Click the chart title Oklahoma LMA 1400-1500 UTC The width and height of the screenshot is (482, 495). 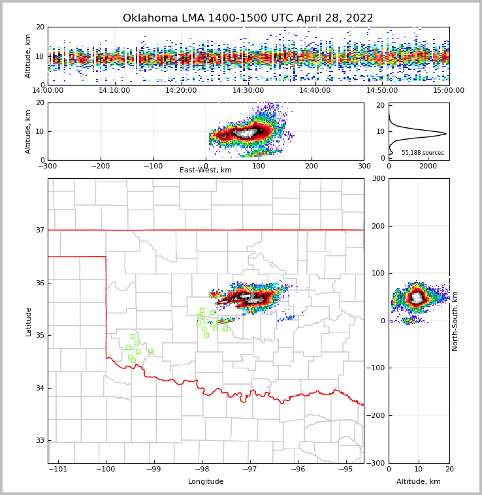[x=248, y=18]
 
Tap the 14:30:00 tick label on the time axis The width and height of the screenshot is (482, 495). [x=248, y=91]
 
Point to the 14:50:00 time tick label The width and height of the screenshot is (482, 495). [x=382, y=91]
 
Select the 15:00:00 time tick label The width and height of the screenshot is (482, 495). [x=449, y=91]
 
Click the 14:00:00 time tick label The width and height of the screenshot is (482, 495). [x=48, y=91]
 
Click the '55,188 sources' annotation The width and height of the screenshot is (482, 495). [x=423, y=153]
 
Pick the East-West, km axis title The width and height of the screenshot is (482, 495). [x=206, y=170]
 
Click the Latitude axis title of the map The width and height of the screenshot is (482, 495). [x=29, y=321]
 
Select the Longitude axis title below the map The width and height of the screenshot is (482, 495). [x=206, y=482]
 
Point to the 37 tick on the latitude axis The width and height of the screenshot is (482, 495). [x=40, y=230]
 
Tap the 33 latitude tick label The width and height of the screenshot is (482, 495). [x=40, y=440]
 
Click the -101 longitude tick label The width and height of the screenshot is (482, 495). [x=59, y=469]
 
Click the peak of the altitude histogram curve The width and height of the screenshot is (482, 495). [x=446, y=134]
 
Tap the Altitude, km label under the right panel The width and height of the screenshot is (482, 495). [x=419, y=482]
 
